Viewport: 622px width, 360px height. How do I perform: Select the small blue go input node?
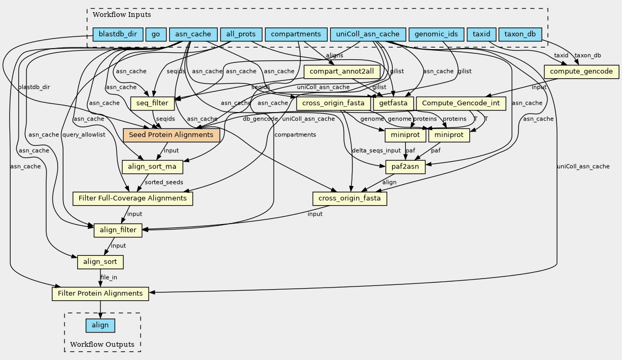(x=155, y=34)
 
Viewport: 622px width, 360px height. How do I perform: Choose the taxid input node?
(x=481, y=34)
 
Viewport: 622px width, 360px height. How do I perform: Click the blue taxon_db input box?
(x=520, y=34)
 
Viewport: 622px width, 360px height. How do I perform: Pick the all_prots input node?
(x=240, y=34)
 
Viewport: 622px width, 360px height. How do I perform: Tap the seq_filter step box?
(x=153, y=103)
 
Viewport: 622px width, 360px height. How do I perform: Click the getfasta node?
(x=394, y=103)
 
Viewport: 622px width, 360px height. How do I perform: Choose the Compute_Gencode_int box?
(x=461, y=103)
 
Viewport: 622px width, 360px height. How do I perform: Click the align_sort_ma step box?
(x=153, y=167)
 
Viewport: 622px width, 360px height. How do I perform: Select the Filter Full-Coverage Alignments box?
(x=133, y=198)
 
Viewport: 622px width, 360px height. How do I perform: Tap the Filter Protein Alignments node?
(x=100, y=293)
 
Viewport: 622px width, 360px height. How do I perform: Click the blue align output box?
(x=100, y=325)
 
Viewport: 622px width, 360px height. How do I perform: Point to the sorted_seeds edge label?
(x=164, y=182)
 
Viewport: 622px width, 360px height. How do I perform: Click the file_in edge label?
(x=109, y=278)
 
